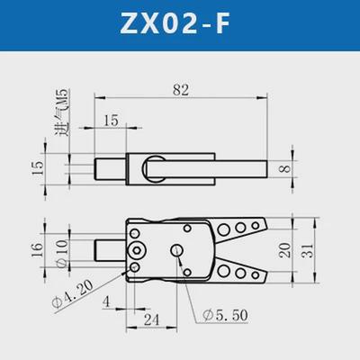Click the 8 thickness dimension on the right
(x=284, y=167)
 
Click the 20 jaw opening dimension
(x=285, y=249)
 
